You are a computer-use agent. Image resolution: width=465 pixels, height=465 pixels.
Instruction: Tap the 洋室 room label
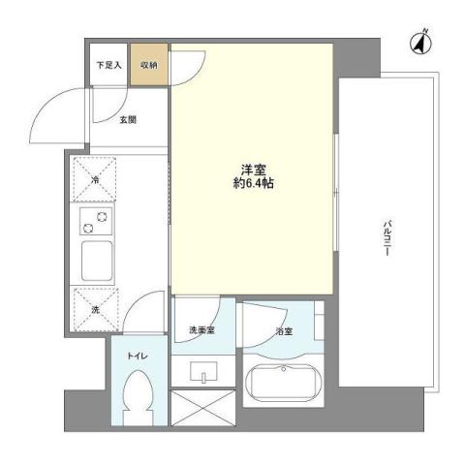(252, 167)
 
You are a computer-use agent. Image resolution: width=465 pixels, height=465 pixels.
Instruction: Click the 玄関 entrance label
(128, 120)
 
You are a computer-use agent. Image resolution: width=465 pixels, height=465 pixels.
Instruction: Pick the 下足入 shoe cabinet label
(108, 65)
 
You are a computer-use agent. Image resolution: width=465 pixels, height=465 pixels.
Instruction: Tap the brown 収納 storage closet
(148, 66)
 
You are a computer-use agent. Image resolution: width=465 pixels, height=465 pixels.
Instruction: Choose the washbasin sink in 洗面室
(204, 371)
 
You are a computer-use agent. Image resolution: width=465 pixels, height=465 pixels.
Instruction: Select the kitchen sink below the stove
(95, 260)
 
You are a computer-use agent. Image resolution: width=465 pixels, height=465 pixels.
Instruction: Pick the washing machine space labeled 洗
(95, 309)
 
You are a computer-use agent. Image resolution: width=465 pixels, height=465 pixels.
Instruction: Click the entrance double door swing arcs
(60, 114)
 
